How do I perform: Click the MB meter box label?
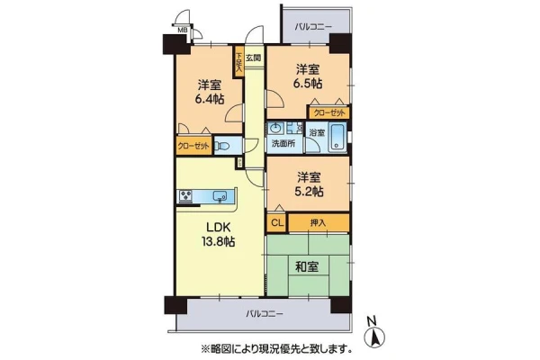point(182,30)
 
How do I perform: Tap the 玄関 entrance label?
point(253,58)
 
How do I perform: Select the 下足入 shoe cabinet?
point(238,63)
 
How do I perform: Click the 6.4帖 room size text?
point(210,100)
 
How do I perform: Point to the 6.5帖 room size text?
point(308,84)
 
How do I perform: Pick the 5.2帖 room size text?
point(309,192)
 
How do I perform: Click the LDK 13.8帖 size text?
point(218,242)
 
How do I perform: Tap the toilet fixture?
point(222,146)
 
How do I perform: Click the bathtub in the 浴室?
point(337,138)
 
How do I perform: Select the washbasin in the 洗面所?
point(275,129)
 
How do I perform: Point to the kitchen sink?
point(220,197)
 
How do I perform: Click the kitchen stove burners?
point(186,196)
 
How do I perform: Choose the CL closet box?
point(277,223)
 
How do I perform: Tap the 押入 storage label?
point(318,223)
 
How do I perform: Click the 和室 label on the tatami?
point(307,266)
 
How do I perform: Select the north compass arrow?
point(374,335)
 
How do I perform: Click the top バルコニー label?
point(313,27)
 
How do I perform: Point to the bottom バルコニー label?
point(265,314)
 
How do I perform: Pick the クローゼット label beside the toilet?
point(193,146)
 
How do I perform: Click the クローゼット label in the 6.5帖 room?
point(328,113)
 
